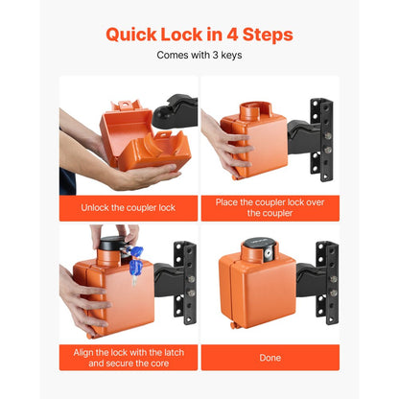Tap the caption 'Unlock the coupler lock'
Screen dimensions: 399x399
tap(129, 208)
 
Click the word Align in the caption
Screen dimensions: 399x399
tap(88, 351)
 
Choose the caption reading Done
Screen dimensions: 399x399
tap(270, 357)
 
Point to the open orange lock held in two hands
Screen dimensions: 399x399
tap(123, 144)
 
